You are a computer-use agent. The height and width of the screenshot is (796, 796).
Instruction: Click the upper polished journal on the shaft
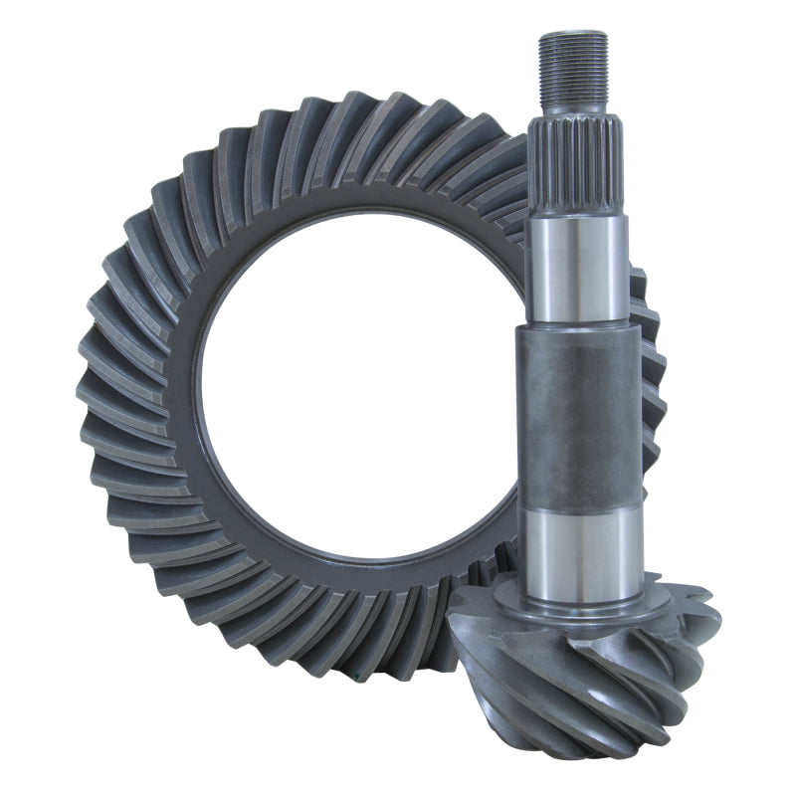tap(576, 269)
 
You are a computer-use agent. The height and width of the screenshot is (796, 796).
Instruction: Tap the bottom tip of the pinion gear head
tap(597, 751)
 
